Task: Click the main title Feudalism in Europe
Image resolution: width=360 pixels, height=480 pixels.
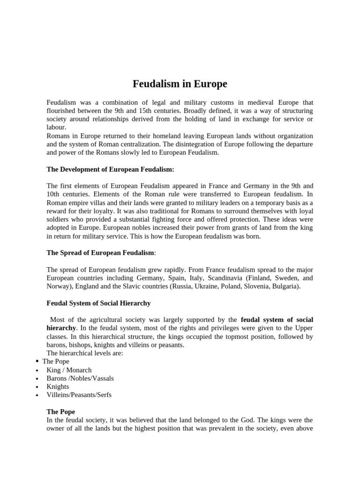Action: (x=180, y=84)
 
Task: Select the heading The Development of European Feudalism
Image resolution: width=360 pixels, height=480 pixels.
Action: (x=110, y=169)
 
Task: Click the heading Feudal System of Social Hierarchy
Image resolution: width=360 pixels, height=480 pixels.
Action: (x=98, y=303)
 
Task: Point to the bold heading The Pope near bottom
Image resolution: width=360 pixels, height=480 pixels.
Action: (x=61, y=412)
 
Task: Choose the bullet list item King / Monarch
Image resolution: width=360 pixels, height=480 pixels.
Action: (x=69, y=370)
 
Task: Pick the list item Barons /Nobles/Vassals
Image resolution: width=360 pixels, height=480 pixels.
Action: (x=80, y=378)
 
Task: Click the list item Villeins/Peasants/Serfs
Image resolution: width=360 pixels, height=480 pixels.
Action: (x=79, y=395)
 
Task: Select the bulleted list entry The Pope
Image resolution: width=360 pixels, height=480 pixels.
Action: (x=56, y=361)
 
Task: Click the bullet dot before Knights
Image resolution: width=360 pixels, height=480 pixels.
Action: (x=37, y=387)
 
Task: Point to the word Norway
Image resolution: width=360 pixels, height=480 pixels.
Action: (x=59, y=286)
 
